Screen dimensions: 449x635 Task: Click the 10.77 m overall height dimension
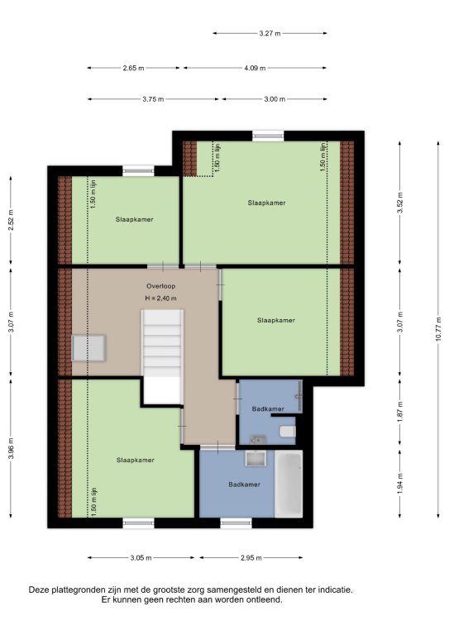(x=438, y=330)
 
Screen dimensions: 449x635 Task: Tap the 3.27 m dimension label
(x=270, y=34)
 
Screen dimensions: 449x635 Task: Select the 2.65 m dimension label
(x=133, y=68)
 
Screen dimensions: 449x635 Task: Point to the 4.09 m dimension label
(x=255, y=68)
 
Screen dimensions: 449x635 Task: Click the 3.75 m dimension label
(x=153, y=99)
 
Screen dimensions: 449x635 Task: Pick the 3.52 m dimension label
(x=400, y=203)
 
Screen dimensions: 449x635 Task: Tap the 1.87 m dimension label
(x=400, y=412)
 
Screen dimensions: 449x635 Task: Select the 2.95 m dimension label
(x=251, y=558)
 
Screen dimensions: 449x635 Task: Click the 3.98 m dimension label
(x=11, y=448)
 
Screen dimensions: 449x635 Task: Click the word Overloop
(x=161, y=286)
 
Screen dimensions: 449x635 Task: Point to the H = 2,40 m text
(x=160, y=298)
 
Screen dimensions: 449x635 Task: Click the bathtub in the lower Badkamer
(x=289, y=484)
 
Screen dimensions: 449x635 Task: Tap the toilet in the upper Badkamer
(x=288, y=432)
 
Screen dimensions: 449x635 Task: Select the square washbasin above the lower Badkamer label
(x=256, y=458)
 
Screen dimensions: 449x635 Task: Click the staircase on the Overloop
(x=162, y=357)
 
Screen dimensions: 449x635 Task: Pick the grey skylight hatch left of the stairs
(x=88, y=348)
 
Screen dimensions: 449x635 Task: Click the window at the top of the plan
(x=268, y=136)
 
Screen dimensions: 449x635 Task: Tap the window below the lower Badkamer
(x=236, y=523)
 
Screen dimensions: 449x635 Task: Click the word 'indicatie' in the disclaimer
(x=336, y=590)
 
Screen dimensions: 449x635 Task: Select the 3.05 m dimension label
(x=141, y=558)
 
